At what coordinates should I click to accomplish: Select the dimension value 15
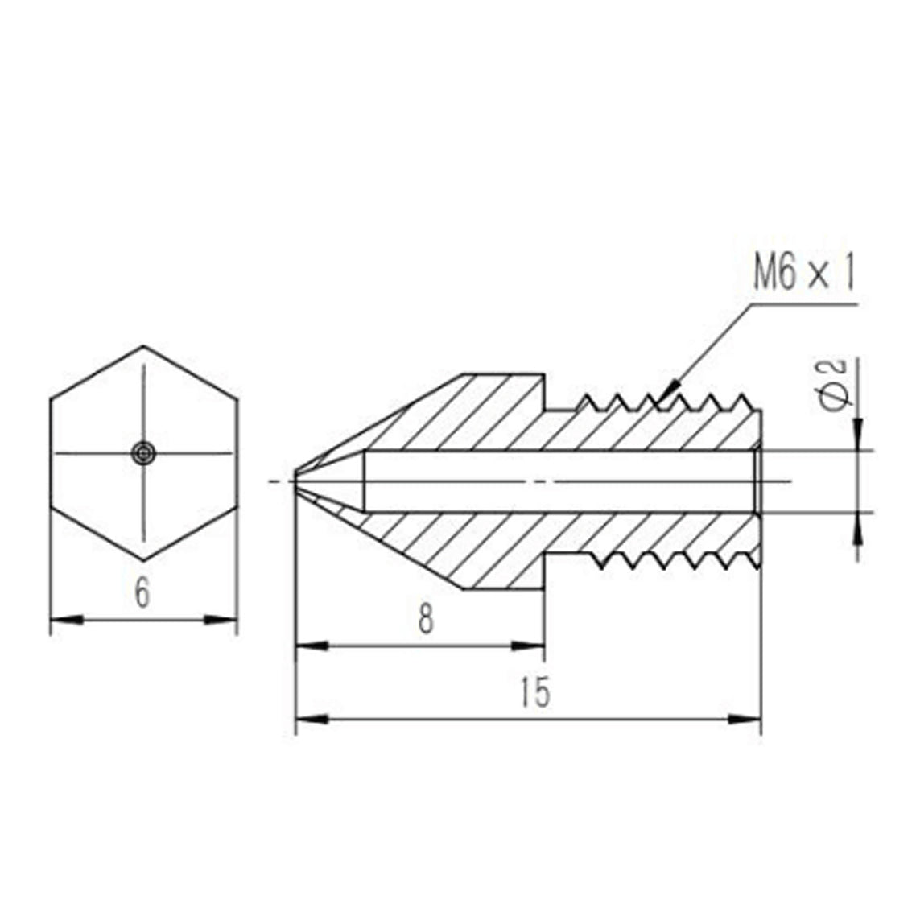(534, 691)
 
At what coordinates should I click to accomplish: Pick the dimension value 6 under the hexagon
(142, 594)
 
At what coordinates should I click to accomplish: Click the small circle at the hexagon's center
(144, 453)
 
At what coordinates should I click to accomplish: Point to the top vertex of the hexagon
(144, 347)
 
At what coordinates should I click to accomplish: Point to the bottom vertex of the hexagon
(144, 559)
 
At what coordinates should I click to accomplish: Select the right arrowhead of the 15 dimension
(747, 717)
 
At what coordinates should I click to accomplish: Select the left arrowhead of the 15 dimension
(310, 717)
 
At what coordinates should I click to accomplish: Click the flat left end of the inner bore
(366, 481)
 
